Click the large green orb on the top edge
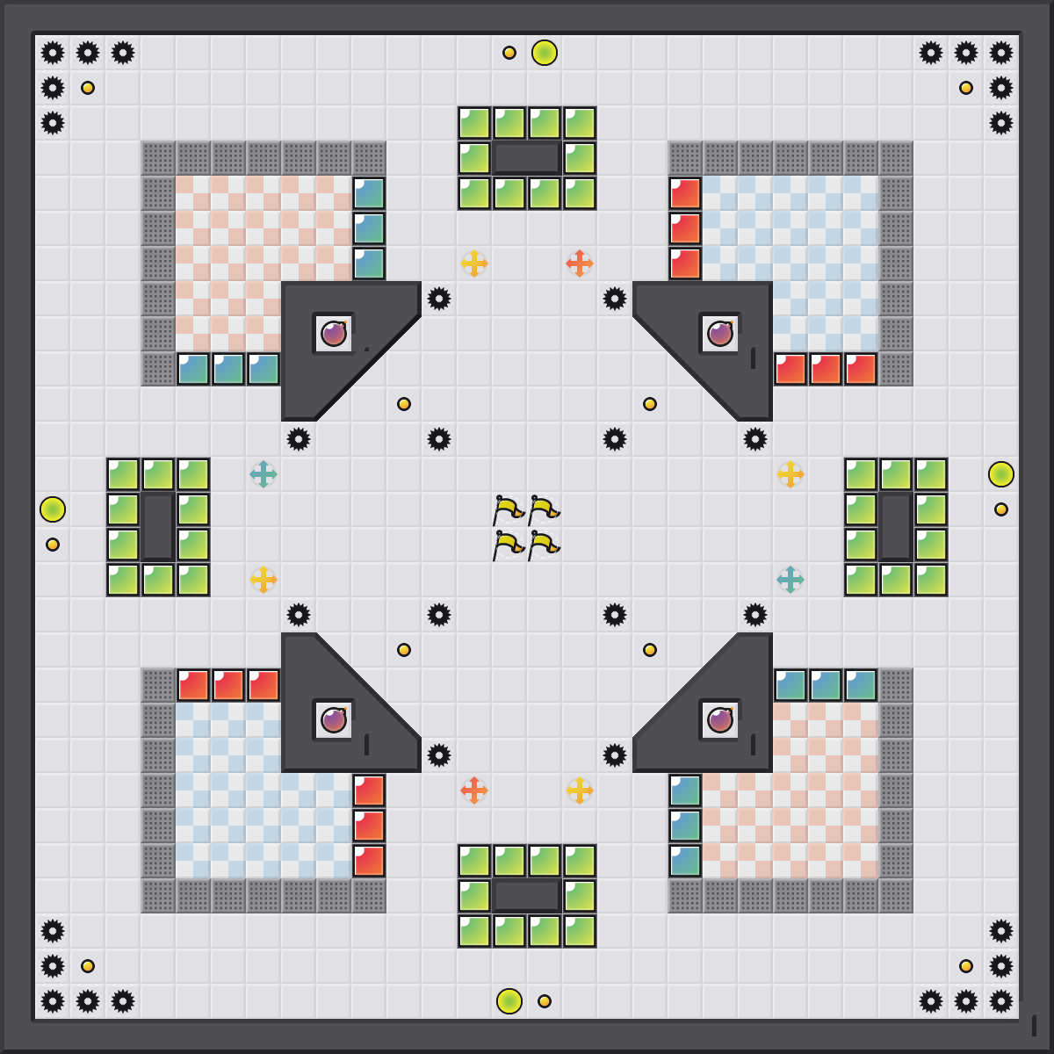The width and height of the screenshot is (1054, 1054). tap(545, 53)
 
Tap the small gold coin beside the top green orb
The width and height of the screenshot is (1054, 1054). tap(509, 53)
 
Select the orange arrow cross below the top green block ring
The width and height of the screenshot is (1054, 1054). tap(580, 263)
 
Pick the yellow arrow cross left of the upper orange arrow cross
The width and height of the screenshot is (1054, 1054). tap(474, 263)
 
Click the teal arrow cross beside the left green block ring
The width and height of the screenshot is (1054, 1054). tap(263, 474)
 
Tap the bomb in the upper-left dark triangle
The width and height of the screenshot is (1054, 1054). tap(334, 334)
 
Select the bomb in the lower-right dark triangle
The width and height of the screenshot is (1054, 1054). tap(720, 720)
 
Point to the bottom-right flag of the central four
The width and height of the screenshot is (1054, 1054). tap(543, 545)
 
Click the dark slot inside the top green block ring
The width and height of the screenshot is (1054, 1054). tap(527, 158)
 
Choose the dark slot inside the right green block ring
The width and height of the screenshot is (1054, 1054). tap(896, 527)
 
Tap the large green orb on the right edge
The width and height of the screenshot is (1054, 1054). tap(1001, 474)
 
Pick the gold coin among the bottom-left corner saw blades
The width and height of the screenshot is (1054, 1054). tap(88, 966)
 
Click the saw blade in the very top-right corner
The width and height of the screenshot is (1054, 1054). tap(1001, 53)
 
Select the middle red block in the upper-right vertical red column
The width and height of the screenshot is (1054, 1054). tap(685, 228)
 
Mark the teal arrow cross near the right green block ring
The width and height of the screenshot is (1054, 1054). tap(790, 580)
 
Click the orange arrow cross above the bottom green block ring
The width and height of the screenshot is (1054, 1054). tap(474, 790)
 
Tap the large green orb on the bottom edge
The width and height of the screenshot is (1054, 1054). tap(509, 1001)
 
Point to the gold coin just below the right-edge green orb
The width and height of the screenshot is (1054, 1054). tap(1001, 509)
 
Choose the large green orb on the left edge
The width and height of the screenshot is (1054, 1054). tap(53, 509)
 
